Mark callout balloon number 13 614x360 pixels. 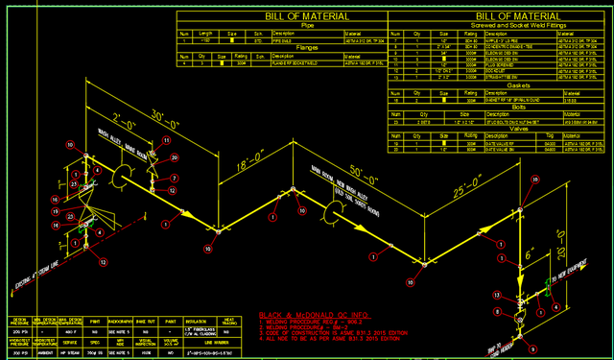pyautogui.click(x=497, y=294)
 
